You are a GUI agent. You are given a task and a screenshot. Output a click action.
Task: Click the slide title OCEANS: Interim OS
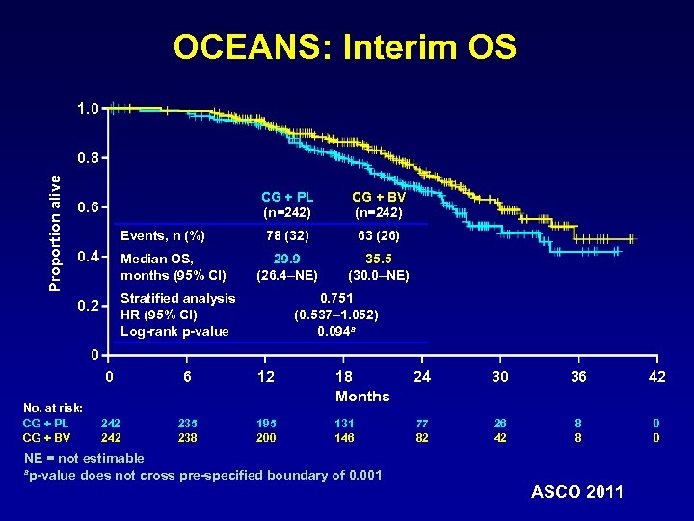coord(345,47)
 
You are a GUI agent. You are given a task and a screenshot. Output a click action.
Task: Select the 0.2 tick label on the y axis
coord(87,306)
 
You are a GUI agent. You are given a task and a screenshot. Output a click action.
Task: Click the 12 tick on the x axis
coord(266,377)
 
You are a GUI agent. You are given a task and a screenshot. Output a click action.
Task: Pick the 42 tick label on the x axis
coord(656,377)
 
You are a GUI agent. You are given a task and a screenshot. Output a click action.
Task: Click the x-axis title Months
coord(362,397)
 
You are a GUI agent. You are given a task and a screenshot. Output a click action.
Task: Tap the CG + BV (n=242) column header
coord(378,206)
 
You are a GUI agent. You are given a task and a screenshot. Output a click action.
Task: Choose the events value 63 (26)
coord(378,235)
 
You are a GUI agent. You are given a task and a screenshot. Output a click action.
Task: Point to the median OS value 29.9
coord(287,259)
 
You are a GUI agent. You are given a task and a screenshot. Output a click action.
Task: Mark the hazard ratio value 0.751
coord(335,299)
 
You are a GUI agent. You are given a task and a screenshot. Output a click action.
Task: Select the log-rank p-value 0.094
coord(335,331)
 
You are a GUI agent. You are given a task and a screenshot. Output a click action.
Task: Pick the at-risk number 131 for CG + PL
coord(344,422)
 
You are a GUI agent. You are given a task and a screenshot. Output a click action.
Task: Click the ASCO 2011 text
coord(577,492)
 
